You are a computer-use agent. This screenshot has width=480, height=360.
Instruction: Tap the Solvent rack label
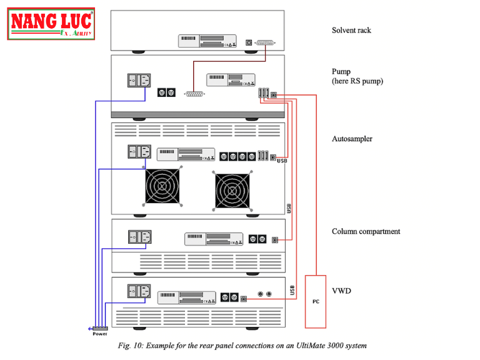pyautogui.click(x=351, y=30)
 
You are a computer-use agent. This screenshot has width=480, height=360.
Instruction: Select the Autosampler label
pyautogui.click(x=352, y=139)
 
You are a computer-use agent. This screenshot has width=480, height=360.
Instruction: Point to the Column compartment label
pyautogui.click(x=366, y=231)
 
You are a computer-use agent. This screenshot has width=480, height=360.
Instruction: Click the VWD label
pyautogui.click(x=341, y=290)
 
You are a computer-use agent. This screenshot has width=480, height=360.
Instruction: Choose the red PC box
pyautogui.click(x=316, y=301)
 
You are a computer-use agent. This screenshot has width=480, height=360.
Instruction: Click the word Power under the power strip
pyautogui.click(x=100, y=334)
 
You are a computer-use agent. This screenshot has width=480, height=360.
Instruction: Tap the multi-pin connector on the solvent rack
pyautogui.click(x=265, y=42)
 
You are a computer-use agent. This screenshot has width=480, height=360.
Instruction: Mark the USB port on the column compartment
pyautogui.click(x=275, y=239)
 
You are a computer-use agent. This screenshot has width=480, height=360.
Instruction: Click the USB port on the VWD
pyautogui.click(x=244, y=299)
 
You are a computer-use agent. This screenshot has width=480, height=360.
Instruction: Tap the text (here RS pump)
pyautogui.click(x=357, y=81)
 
